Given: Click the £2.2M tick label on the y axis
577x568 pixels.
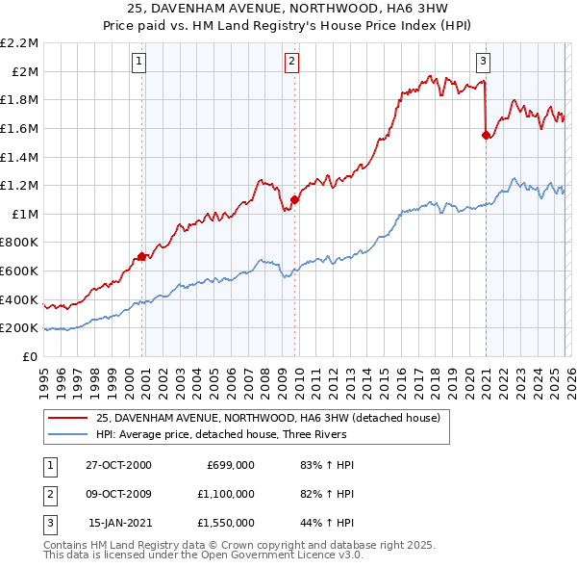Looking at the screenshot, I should pos(19,43).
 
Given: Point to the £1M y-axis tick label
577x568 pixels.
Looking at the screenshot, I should pos(24,214).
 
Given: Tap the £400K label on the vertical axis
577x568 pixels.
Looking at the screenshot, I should pos(19,299).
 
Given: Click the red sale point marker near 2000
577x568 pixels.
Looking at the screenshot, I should pos(142,256).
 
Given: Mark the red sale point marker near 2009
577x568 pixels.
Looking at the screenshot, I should pos(294,199).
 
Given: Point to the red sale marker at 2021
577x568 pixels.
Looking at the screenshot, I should pos(486,135).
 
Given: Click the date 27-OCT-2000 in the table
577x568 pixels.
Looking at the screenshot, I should pos(118,465).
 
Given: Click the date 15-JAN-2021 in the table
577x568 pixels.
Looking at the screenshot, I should pos(119,523).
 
